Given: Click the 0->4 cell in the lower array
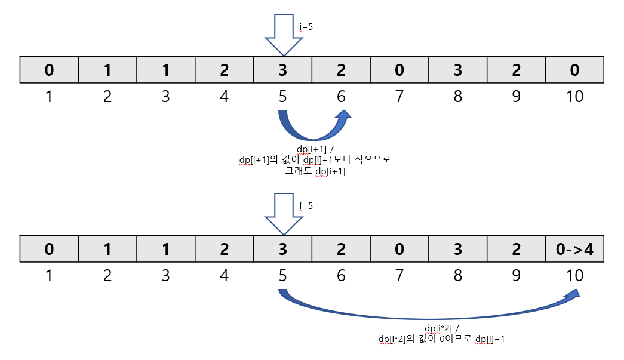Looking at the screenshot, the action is pos(574,249).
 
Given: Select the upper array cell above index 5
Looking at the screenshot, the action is pos(282,70).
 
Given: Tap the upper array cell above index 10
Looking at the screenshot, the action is pos(574,70).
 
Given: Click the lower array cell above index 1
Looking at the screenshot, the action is pos(49,249).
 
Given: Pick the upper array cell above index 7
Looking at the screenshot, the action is pos(399,70).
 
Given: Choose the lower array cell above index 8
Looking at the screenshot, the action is pos(458,249).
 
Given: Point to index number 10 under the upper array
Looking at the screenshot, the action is pos(574,96).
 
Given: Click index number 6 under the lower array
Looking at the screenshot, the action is pos(341,275).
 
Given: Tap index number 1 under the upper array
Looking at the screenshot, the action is pos(49,96).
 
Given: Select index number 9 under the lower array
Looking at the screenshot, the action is pos(517,275).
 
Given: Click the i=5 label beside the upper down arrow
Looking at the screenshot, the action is pos(306,27).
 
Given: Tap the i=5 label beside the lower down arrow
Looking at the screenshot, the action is pos(306,206).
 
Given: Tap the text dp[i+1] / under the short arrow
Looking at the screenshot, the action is pos(315,150).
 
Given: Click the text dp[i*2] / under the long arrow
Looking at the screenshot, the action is pos(442,329).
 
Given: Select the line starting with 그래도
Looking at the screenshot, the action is pos(315,171).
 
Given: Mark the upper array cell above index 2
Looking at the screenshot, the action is pos(107,70).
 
